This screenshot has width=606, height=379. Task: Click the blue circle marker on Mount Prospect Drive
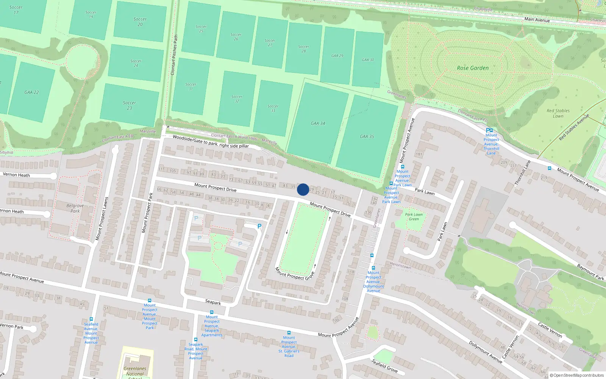[303, 189]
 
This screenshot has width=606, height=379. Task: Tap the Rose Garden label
[473, 68]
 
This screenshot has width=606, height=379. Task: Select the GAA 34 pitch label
[318, 124]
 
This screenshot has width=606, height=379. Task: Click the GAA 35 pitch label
[367, 136]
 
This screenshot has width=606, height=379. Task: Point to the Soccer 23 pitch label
[129, 105]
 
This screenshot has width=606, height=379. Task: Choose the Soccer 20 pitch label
[140, 22]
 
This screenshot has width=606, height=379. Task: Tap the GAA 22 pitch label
[31, 92]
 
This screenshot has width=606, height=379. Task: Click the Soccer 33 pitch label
[273, 108]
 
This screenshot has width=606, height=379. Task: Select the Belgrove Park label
[75, 208]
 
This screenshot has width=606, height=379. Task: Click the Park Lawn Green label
[414, 217]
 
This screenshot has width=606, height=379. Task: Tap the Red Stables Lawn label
[558, 113]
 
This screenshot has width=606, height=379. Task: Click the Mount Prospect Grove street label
[295, 274]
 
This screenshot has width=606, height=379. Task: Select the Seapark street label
[213, 302]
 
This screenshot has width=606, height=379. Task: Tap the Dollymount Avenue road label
[486, 352]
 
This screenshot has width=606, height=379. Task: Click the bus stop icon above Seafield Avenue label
[91, 319]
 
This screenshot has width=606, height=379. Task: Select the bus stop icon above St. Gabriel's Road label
[289, 333]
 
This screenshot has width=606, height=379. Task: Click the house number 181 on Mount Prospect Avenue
[419, 154]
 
